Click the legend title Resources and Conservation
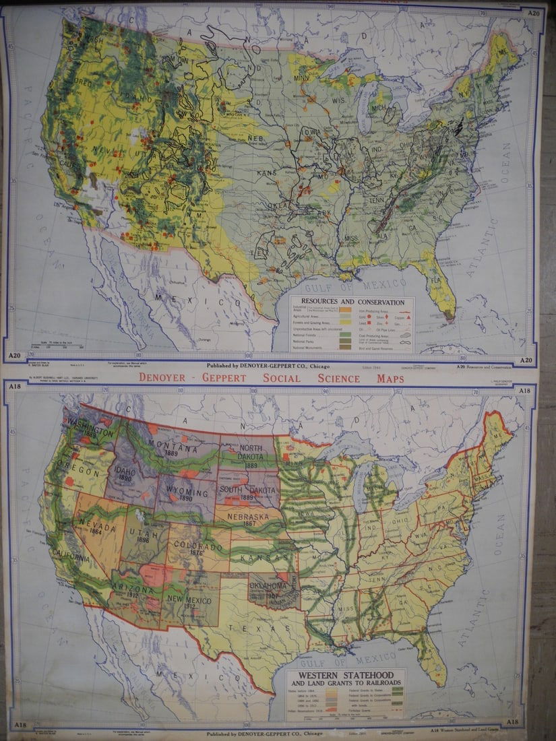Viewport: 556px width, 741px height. (352, 302)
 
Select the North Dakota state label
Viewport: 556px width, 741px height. (251, 453)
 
